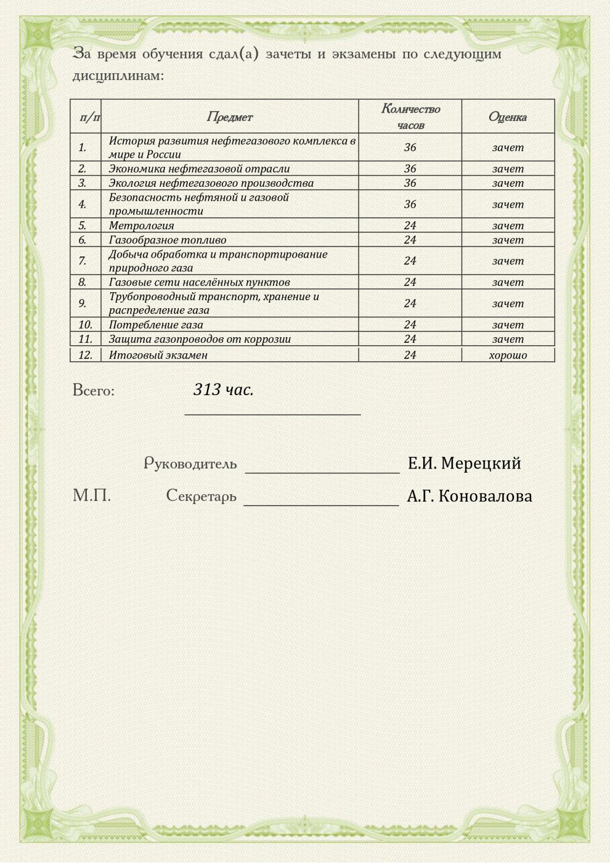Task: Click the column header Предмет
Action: point(229,117)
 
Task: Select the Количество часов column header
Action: point(410,116)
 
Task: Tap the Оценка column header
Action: point(507,117)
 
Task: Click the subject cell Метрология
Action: point(141,226)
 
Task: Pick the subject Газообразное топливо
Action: point(168,240)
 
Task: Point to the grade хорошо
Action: point(508,355)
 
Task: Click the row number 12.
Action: point(85,355)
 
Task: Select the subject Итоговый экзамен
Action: point(158,355)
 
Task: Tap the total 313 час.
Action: point(223,390)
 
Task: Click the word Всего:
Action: point(94,391)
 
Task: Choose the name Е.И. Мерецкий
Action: point(464,464)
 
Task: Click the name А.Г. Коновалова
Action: point(469,496)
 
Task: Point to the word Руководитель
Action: point(190,464)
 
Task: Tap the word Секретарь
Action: point(201,496)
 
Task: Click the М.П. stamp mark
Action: point(92,496)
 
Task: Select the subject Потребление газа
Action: point(156,325)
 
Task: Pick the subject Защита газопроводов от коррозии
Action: point(200,339)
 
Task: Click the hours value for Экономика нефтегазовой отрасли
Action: point(410,168)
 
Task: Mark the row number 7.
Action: point(82,261)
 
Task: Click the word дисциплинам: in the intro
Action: point(118,76)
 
